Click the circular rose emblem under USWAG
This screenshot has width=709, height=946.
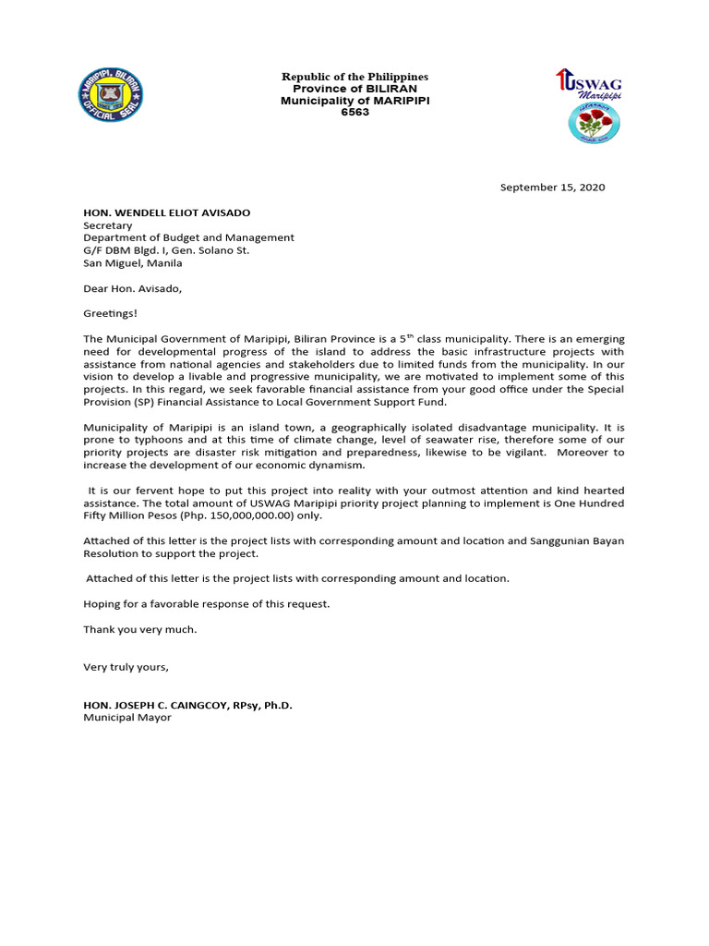coord(593,122)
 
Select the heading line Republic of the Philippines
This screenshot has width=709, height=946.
coord(354,76)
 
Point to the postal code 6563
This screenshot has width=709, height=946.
coord(354,112)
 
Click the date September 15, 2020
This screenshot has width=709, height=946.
coord(552,187)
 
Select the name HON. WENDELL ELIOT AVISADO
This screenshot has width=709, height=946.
coord(166,212)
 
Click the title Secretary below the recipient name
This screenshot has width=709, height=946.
coord(108,225)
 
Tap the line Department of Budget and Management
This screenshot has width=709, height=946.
coord(188,237)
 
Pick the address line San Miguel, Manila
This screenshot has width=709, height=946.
coord(133,262)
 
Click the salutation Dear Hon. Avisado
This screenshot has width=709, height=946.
coord(133,288)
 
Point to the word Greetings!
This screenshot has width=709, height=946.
coord(110,313)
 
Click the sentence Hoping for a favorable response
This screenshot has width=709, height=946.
coord(206,603)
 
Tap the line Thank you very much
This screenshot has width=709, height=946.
coord(139,629)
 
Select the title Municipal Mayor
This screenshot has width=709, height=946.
coord(127,717)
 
